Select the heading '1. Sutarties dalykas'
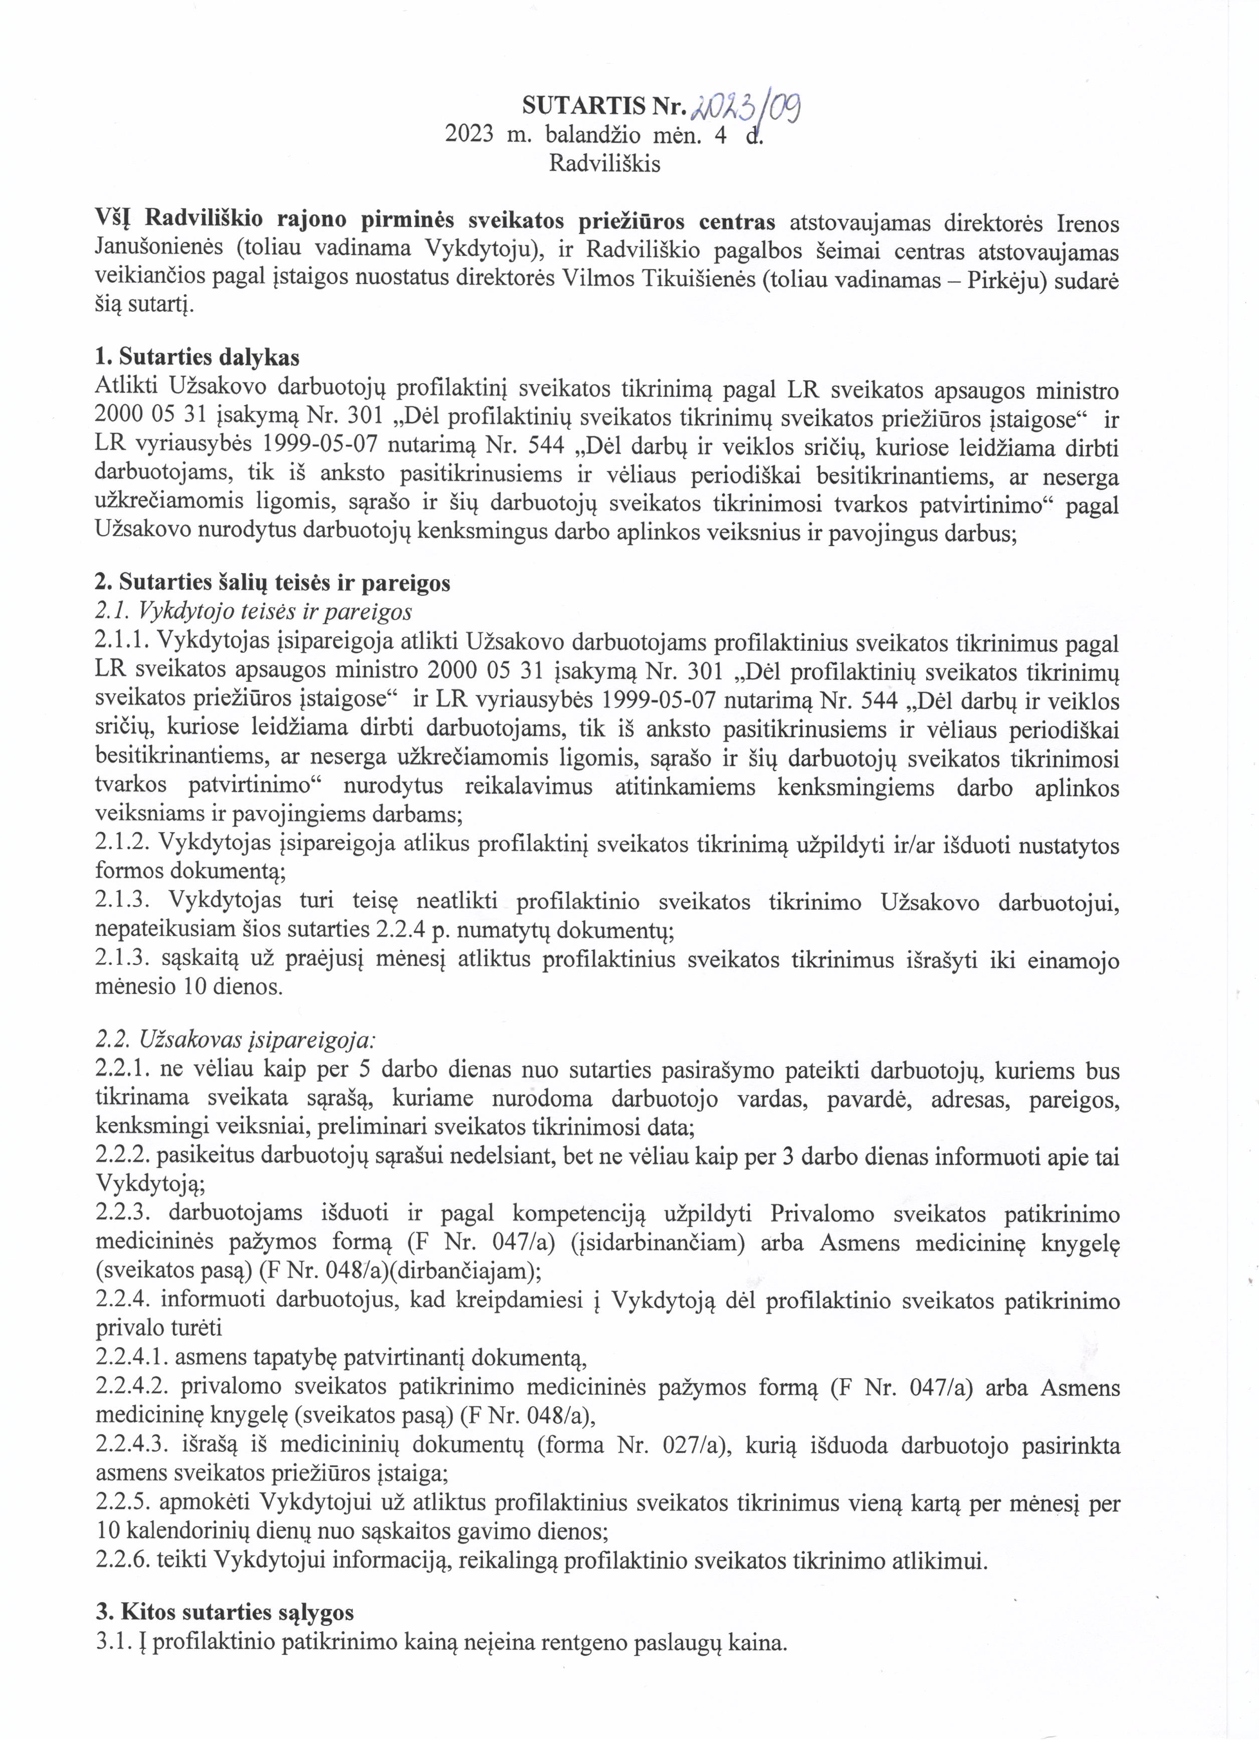pos(197,357)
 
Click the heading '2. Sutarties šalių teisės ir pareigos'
pos(272,583)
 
